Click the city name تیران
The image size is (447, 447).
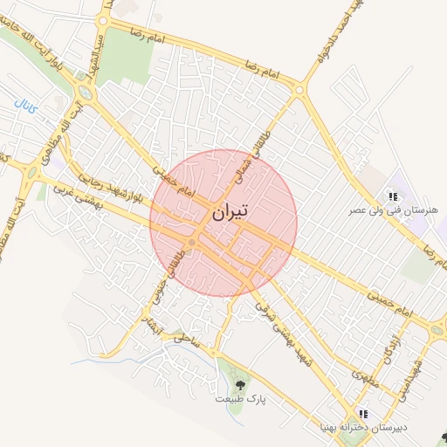pyautogui.click(x=230, y=212)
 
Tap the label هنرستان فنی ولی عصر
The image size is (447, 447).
pyautogui.click(x=392, y=210)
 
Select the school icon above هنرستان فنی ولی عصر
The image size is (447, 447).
pyautogui.click(x=393, y=197)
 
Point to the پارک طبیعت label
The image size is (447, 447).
pyautogui.click(x=240, y=398)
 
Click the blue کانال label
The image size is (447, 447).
pyautogui.click(x=25, y=107)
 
